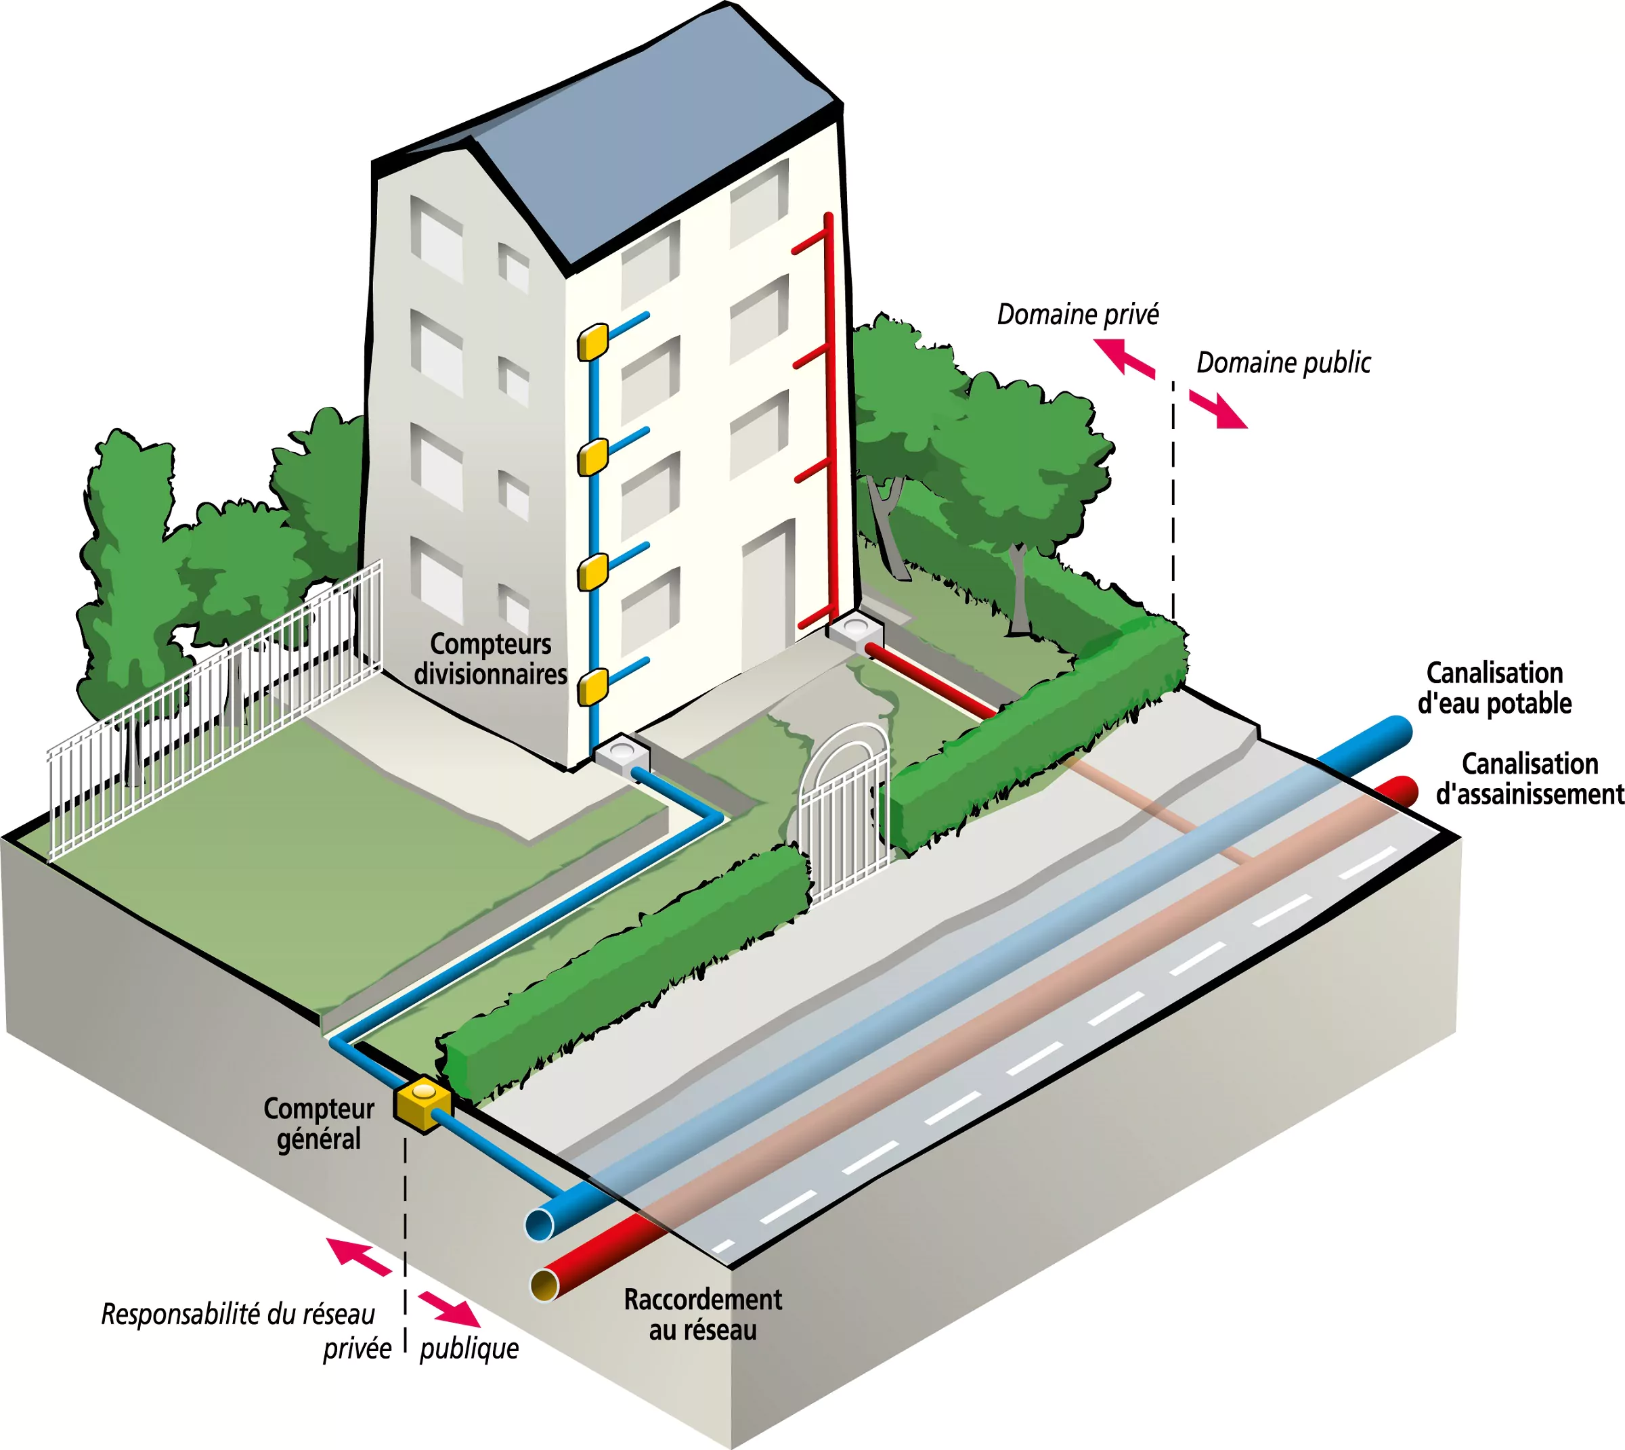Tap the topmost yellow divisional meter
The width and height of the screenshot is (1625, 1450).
[x=593, y=342]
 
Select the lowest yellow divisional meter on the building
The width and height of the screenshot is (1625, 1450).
[x=593, y=687]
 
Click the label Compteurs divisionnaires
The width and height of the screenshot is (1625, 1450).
[x=490, y=659]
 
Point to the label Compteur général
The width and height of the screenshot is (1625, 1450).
[x=319, y=1123]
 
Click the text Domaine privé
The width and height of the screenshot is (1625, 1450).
[x=1077, y=315]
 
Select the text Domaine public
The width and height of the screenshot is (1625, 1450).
[x=1283, y=364]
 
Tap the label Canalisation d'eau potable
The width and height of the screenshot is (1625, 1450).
[x=1494, y=688]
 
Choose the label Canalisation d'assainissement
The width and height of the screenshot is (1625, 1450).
[x=1530, y=779]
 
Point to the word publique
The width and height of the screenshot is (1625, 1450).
[x=469, y=1349]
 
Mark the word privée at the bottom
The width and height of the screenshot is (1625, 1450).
[x=357, y=1349]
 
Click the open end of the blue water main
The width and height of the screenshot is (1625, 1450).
[x=540, y=1223]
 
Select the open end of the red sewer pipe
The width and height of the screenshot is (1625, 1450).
[x=545, y=1284]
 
